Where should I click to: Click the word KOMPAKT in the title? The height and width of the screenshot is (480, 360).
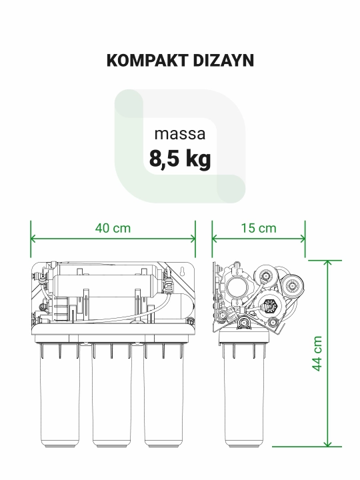147,60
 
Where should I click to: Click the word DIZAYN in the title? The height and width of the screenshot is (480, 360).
223,60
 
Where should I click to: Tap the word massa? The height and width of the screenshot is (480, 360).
180,134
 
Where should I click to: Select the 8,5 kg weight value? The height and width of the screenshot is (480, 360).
180,159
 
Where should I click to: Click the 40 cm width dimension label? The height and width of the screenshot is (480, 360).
113,228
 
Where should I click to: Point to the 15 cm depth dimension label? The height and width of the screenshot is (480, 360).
259,228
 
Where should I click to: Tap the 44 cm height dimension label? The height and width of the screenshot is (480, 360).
317,353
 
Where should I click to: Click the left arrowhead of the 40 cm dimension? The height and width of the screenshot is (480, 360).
33,239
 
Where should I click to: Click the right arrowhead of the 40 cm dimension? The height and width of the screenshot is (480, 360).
193,239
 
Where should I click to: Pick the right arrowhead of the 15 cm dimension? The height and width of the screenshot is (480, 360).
303,239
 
